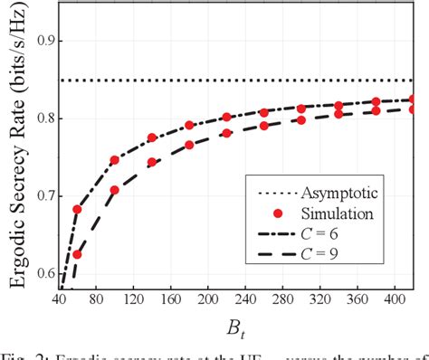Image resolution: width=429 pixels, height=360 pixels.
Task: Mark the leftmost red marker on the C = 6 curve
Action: (77, 209)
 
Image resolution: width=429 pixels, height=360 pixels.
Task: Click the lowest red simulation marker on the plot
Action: (77, 254)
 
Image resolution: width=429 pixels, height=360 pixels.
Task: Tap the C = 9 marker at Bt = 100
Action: (115, 191)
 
